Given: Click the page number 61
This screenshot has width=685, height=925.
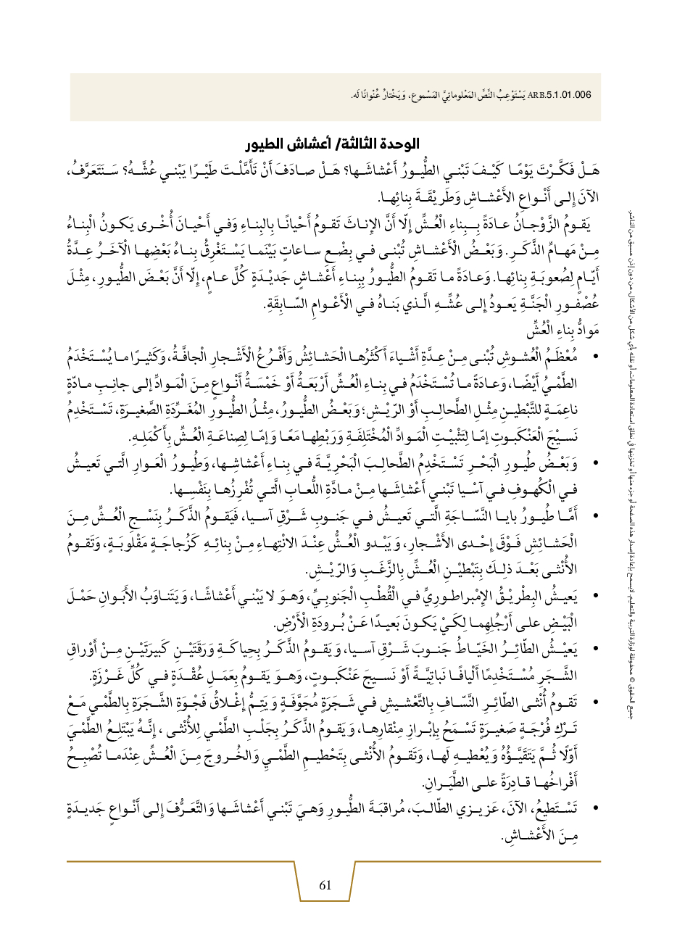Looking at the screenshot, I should click(325, 885).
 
